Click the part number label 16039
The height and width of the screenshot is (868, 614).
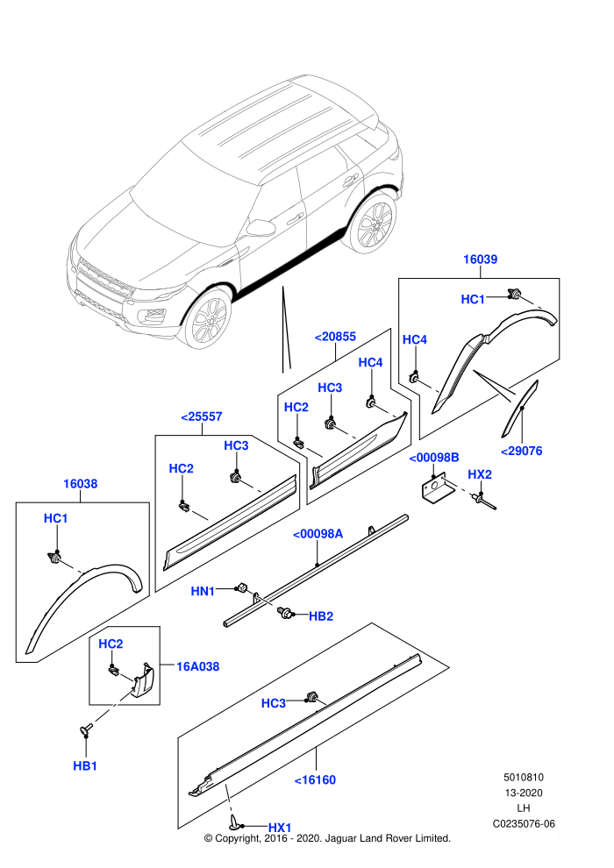click(480, 259)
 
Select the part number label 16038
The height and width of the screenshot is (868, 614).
click(81, 484)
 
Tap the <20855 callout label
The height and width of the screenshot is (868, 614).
click(335, 337)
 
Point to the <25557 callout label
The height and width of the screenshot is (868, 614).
click(202, 416)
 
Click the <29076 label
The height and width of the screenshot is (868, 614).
click(522, 452)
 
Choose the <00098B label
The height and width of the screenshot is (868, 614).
click(434, 458)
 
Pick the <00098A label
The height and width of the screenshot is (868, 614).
click(318, 534)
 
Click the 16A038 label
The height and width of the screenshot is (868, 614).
click(197, 666)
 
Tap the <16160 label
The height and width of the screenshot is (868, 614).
click(315, 780)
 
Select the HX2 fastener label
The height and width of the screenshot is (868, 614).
click(480, 475)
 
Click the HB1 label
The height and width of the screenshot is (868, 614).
click(85, 766)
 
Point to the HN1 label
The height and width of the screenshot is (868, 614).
click(203, 591)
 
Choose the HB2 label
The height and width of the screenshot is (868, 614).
click(320, 616)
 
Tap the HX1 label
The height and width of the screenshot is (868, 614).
click(280, 828)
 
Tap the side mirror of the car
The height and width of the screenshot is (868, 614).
click(261, 227)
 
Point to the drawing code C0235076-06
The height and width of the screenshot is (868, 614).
click(524, 823)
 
